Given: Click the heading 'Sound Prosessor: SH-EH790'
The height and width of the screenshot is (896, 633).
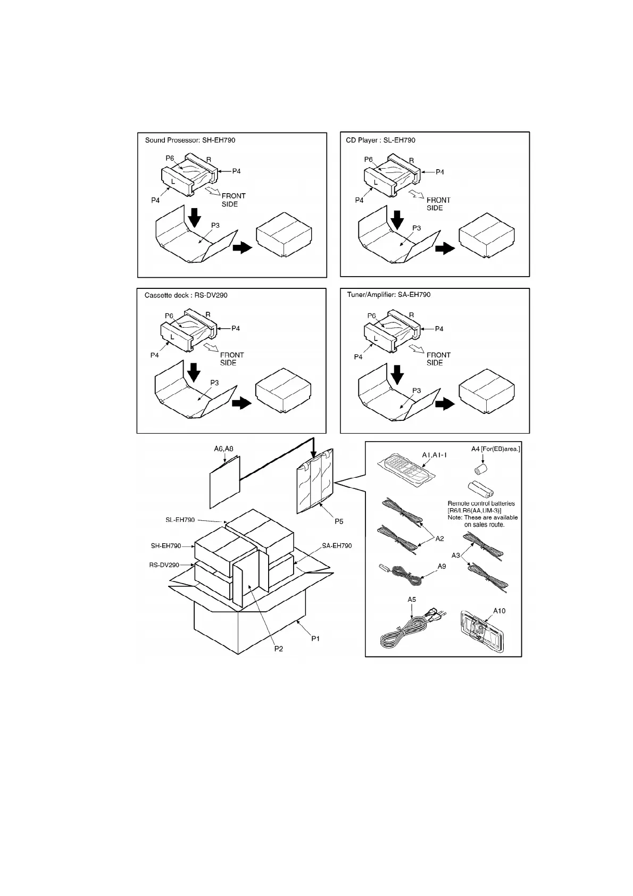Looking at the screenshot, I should (x=190, y=140).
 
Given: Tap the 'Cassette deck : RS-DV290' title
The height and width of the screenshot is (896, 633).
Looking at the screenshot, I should (x=186, y=295).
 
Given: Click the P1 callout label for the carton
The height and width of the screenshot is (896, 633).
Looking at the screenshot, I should (x=315, y=638).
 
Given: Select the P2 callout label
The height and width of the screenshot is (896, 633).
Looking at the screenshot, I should (x=279, y=649).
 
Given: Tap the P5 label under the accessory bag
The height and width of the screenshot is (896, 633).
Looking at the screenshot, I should (x=339, y=521).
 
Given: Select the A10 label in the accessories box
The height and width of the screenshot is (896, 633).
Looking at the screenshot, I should (x=499, y=611).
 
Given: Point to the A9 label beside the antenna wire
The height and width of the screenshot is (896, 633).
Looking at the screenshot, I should (x=442, y=567).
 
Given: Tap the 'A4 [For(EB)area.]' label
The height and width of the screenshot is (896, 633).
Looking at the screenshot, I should (x=496, y=449).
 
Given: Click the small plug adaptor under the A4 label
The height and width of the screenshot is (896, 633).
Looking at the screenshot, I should (x=481, y=469).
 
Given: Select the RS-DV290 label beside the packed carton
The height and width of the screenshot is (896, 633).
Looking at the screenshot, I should (x=164, y=565).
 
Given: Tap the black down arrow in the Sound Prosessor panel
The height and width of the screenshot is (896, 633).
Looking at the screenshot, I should (x=195, y=217).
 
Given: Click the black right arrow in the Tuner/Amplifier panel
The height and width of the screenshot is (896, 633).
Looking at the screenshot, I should (x=445, y=404).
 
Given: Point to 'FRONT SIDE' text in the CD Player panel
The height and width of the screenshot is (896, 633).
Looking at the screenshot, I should (x=438, y=204).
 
